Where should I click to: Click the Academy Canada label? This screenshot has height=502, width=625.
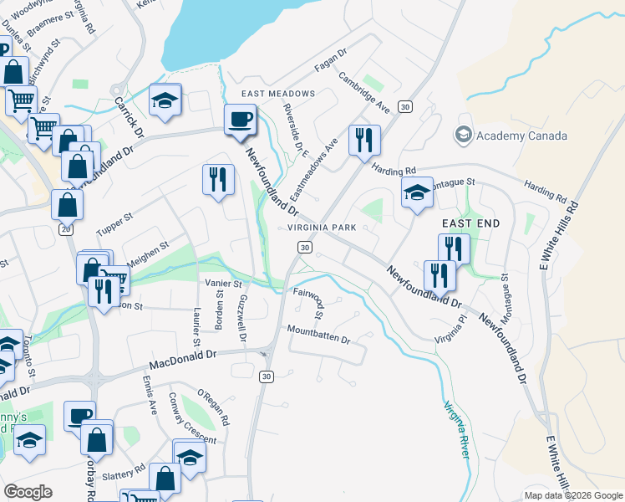(x=521, y=136)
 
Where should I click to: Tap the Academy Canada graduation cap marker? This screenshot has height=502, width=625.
(x=462, y=135)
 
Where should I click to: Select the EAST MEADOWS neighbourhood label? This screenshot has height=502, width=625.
(x=278, y=94)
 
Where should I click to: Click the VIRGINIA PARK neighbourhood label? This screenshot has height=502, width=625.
(x=322, y=228)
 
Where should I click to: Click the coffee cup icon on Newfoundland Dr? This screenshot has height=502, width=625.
(x=241, y=120)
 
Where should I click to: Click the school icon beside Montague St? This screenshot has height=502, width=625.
(x=417, y=193)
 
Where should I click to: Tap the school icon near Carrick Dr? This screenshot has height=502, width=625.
(x=165, y=101)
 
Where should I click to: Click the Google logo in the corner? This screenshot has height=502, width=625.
(x=28, y=492)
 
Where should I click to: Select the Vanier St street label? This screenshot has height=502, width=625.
(x=224, y=284)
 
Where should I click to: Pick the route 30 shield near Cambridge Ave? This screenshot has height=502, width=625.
(x=405, y=106)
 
